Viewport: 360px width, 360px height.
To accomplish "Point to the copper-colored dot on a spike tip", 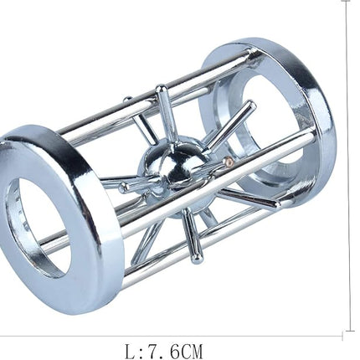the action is click(229, 161).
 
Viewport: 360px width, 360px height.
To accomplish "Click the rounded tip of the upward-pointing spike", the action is click(160, 89).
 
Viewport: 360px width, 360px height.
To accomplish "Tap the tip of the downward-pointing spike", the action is click(198, 259).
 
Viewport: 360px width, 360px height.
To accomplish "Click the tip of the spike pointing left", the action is click(124, 188).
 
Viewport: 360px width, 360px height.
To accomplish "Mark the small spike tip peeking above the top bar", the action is click(127, 99).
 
